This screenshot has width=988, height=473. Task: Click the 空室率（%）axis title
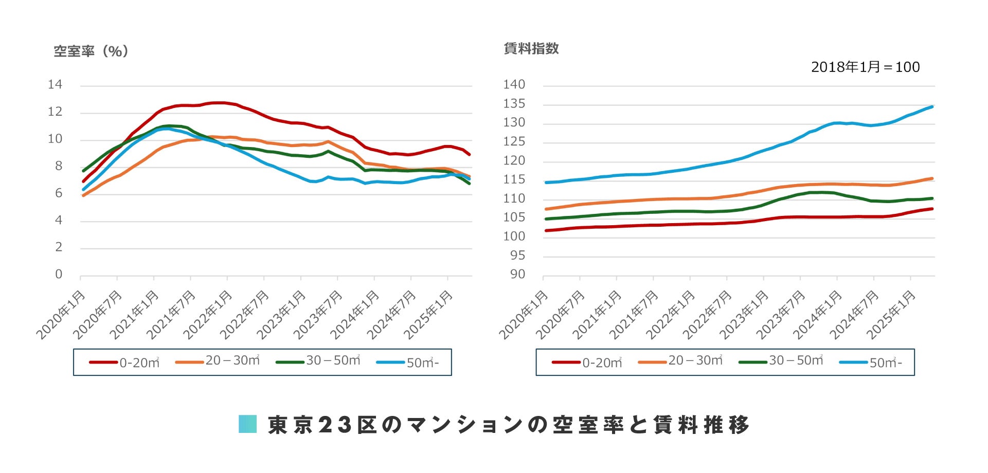(x=91, y=51)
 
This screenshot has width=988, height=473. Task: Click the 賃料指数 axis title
(x=531, y=49)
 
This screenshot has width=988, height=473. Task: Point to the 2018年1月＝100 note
(x=865, y=67)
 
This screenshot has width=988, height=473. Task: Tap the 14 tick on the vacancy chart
(x=55, y=85)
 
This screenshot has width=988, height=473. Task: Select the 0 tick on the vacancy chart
(x=59, y=275)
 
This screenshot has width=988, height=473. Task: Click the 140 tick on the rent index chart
(x=514, y=85)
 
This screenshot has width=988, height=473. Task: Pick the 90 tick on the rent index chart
(x=517, y=275)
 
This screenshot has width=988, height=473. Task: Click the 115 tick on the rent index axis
(x=514, y=179)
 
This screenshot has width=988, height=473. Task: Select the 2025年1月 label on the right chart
(x=891, y=315)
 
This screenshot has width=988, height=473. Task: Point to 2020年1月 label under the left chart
(x=61, y=315)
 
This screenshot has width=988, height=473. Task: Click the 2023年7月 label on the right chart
(x=781, y=315)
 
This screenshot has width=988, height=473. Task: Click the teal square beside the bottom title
(x=247, y=424)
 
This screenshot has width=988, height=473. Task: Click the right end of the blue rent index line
(x=932, y=107)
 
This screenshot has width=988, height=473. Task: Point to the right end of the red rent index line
(x=932, y=209)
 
